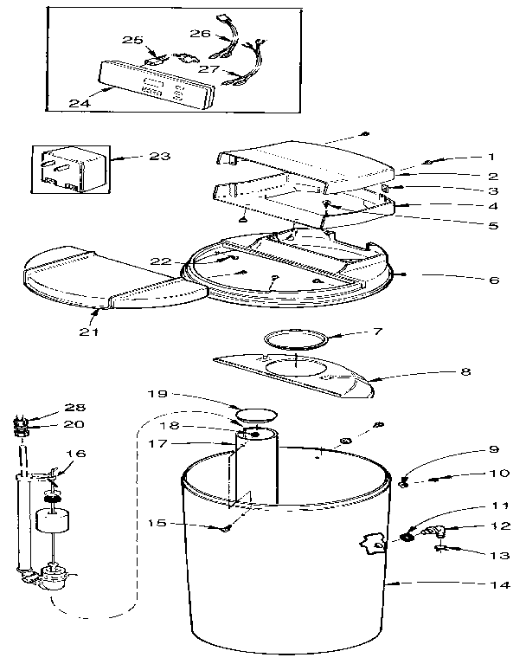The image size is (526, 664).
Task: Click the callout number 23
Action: coord(159,157)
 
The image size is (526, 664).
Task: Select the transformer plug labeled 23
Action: coord(68,170)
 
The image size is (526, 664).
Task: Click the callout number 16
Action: coord(77,453)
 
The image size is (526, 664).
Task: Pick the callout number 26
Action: coord(200,35)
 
